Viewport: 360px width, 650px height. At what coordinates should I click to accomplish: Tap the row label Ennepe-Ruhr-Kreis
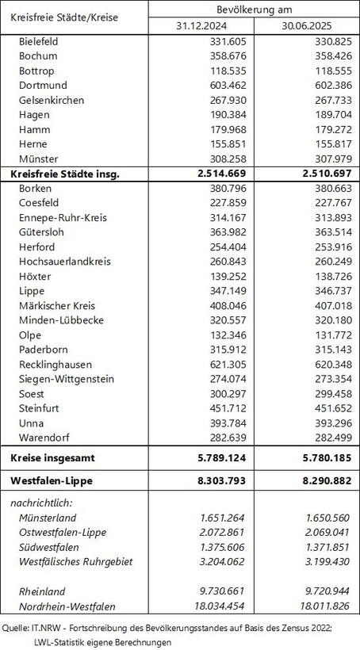[61, 218]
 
